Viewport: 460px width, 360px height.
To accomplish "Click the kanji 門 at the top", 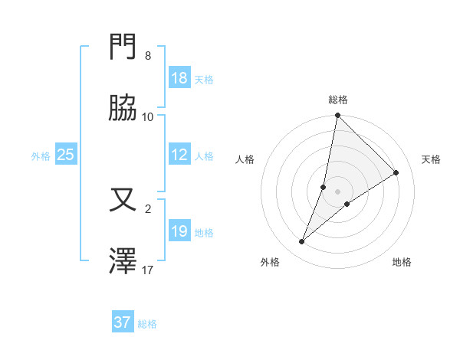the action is [123, 48].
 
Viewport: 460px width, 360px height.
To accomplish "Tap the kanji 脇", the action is [123, 109].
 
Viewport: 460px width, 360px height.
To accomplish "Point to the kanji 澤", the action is [123, 262].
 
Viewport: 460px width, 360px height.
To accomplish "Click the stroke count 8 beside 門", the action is [148, 56].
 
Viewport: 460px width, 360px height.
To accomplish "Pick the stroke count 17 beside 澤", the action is [148, 270].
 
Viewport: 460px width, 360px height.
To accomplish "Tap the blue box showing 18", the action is [179, 78].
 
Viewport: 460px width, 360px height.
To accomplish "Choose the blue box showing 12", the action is [179, 155].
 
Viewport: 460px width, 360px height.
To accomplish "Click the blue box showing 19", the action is [179, 231].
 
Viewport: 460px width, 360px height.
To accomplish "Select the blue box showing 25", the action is [65, 155].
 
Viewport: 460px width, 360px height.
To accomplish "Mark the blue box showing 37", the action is [122, 322].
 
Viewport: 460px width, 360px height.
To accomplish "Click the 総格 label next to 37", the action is [147, 324].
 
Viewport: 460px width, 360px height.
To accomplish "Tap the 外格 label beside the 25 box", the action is [41, 156].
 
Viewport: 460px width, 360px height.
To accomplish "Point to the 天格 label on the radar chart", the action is [431, 159].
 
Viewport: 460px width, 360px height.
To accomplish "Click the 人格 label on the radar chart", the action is [245, 159].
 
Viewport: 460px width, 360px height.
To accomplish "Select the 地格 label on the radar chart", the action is [402, 262].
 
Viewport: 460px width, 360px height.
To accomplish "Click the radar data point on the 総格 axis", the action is [337, 116].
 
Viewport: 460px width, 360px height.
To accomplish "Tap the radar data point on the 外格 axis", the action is [302, 242].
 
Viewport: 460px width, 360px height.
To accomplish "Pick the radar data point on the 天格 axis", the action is [396, 172].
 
